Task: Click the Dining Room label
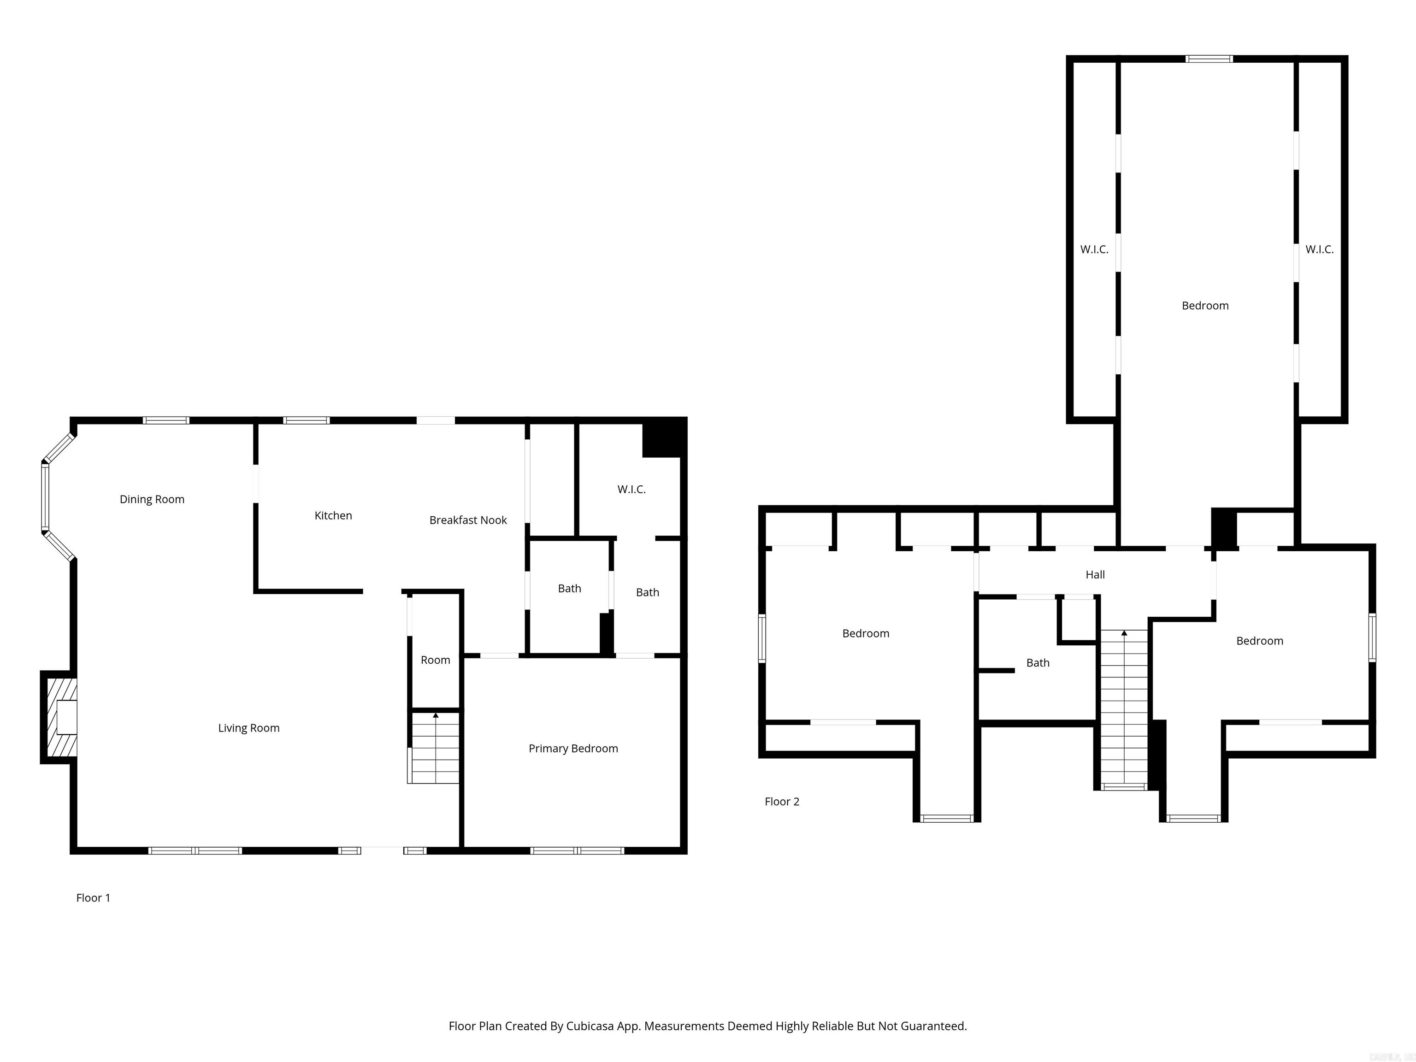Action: pos(152,499)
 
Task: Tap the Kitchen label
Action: pos(333,515)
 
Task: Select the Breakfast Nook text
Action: pos(468,520)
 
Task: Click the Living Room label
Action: pos(248,728)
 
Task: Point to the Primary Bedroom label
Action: pos(573,748)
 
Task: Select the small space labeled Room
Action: pos(435,660)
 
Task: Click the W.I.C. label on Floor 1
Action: pos(631,489)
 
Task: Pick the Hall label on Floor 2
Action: pos(1095,575)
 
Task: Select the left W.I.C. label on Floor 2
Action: pos(1094,250)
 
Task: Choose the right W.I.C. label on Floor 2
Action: pos(1319,250)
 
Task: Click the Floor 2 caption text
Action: pos(782,802)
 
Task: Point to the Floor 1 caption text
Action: pos(93,897)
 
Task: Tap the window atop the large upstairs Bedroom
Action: pos(1209,59)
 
